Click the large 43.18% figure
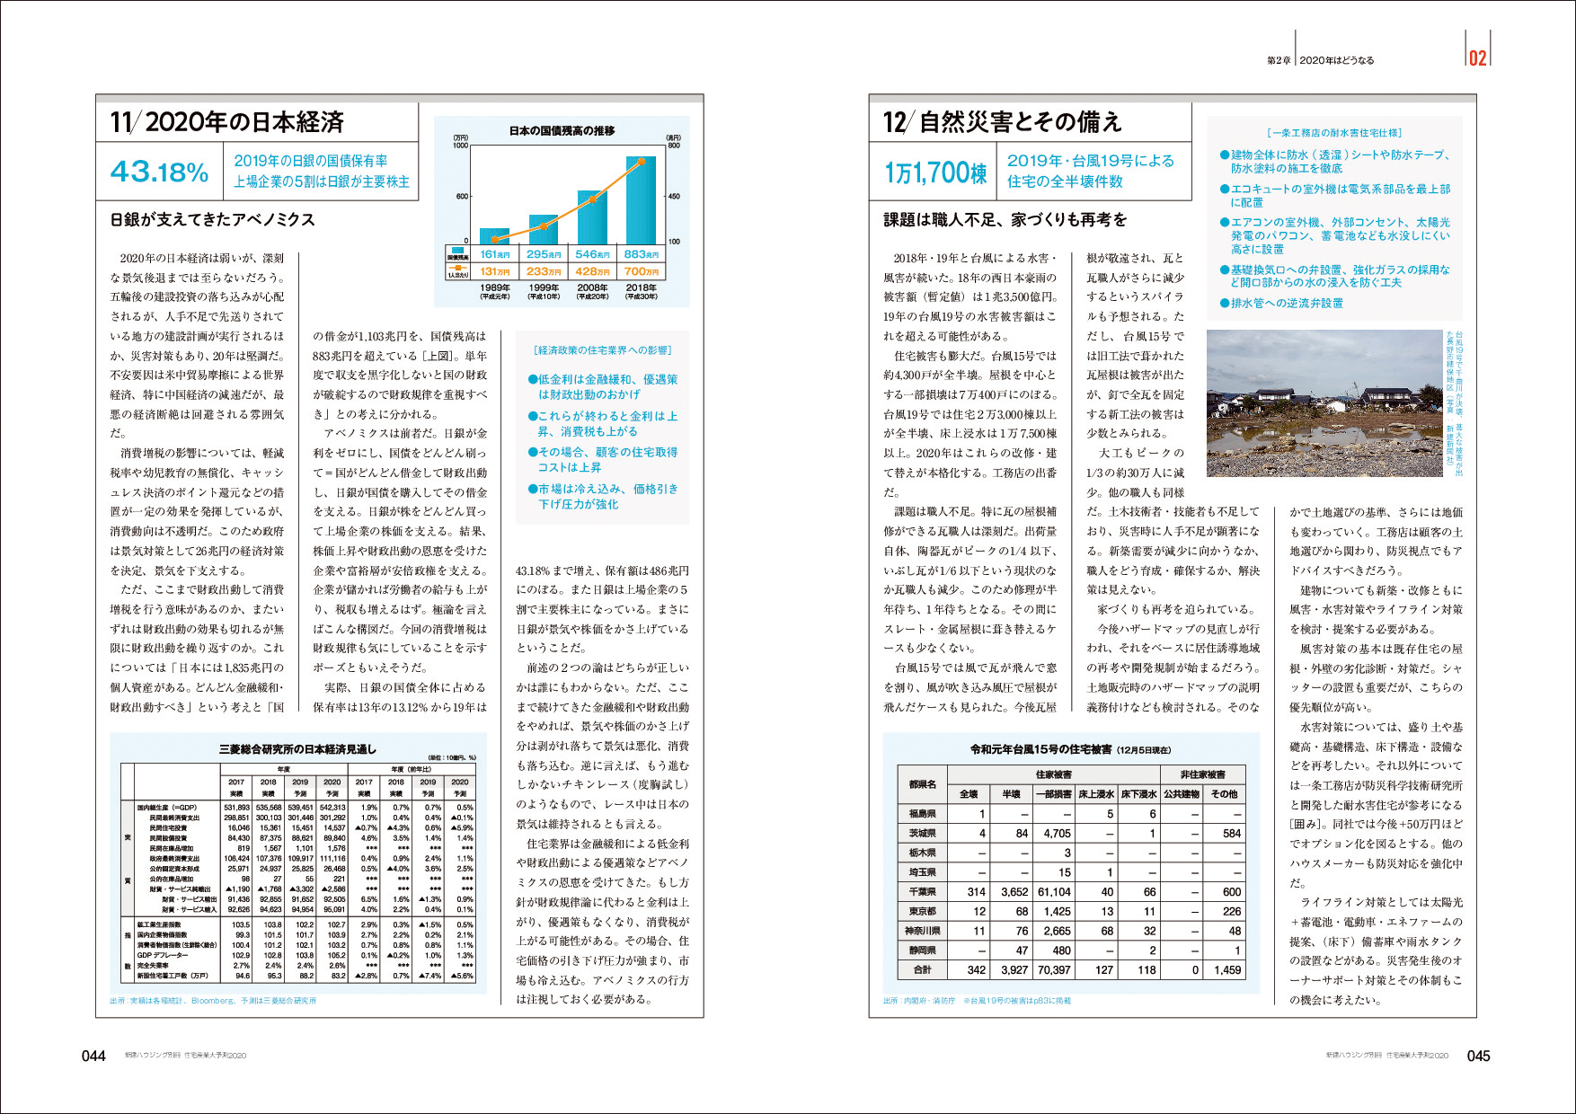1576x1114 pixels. tap(159, 171)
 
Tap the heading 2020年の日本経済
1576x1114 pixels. tap(227, 122)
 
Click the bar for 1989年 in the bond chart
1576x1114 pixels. tap(494, 235)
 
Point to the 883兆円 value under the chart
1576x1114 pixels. tap(641, 254)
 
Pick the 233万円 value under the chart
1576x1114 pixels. tap(544, 271)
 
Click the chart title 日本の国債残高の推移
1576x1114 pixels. tap(562, 131)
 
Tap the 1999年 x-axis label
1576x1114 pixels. tap(544, 288)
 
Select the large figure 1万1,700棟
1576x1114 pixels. tap(935, 172)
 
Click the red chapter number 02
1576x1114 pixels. tap(1477, 58)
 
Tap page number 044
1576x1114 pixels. tap(93, 1056)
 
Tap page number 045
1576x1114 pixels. tap(1478, 1056)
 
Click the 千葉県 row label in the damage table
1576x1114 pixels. tap(922, 892)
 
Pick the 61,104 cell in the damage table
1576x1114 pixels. tap(1054, 892)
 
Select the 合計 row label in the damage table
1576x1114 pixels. tap(922, 970)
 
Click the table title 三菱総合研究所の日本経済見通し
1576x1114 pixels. tap(297, 748)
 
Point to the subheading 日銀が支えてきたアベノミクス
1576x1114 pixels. tap(212, 220)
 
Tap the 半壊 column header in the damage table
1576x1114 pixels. tap(1011, 794)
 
